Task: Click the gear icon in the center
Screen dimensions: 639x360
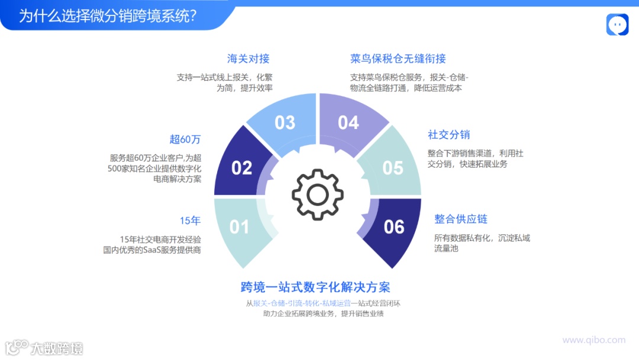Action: tap(318, 194)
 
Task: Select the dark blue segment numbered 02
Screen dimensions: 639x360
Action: tap(241, 168)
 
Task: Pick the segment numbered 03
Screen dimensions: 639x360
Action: tap(285, 123)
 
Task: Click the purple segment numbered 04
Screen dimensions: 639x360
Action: tap(348, 123)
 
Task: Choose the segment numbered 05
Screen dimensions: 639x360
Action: tap(393, 168)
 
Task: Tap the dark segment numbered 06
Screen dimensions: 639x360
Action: tap(394, 227)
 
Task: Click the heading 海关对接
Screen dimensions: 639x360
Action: tap(248, 59)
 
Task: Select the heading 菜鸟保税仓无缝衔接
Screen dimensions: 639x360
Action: tap(398, 59)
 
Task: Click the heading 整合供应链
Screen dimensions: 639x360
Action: tap(461, 219)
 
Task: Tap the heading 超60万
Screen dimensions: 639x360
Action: tap(185, 140)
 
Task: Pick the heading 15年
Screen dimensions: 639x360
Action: tap(190, 221)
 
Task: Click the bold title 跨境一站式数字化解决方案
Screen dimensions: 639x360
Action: tap(315, 288)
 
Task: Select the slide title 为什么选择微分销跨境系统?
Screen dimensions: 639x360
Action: tap(108, 16)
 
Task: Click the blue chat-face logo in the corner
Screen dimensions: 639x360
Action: tap(617, 25)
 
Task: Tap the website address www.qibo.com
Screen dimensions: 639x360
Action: tap(593, 340)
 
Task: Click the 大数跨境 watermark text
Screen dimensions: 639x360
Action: tap(57, 348)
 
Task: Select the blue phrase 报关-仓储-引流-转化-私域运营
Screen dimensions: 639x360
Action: tap(302, 303)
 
